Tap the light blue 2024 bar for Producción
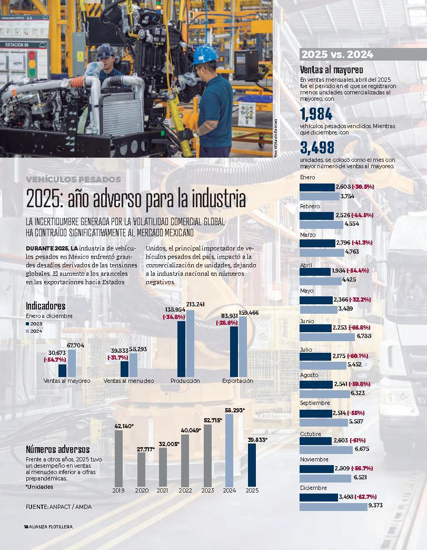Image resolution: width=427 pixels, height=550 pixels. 190,343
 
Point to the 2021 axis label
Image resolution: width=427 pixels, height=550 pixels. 163,490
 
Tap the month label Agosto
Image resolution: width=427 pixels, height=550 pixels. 309,375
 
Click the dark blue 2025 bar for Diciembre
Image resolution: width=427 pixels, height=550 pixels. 319,497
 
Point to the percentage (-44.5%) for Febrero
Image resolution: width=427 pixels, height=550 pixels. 359,215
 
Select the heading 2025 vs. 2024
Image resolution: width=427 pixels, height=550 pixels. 336,55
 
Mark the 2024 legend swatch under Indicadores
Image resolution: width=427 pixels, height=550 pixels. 27,331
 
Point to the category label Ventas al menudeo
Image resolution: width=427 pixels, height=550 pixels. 129,381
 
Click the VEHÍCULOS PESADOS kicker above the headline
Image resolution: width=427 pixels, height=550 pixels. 74,180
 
